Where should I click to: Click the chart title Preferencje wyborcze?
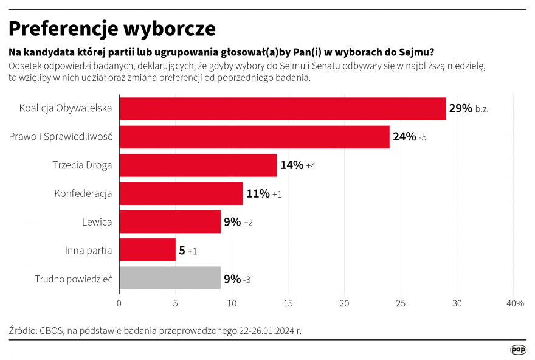coord(112,28)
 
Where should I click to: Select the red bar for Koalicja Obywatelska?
coord(282,109)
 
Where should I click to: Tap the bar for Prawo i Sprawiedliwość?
coord(254,137)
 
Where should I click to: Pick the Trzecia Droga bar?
coord(198,165)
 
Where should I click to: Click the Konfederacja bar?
coord(181,193)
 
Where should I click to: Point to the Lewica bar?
coord(170,222)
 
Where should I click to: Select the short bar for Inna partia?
coord(147,250)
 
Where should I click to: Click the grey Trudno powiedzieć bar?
coord(170,279)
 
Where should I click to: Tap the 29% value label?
coord(460,109)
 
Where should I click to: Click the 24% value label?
coord(404,137)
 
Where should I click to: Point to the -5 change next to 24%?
coord(423,137)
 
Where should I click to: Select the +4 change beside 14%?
coord(311,166)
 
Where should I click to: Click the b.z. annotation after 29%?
coord(482,109)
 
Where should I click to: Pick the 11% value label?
coord(258,194)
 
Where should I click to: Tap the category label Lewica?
coord(97,222)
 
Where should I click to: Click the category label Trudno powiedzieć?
coord(74,279)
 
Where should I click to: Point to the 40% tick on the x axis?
coord(514,303)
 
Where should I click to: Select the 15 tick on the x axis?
coord(288,303)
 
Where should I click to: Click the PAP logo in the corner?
coord(518,350)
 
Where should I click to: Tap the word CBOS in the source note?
coord(52,331)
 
